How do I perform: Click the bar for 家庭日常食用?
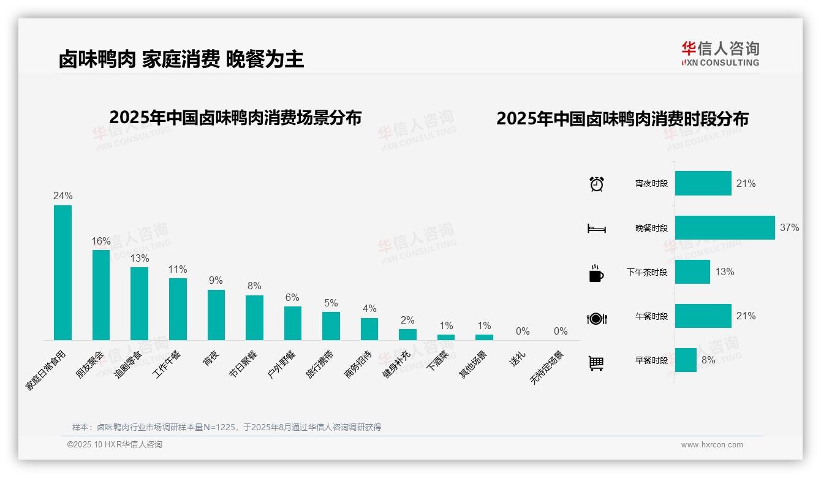point(62,273)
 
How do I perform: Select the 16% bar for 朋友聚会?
point(101,295)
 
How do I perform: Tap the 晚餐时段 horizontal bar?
point(725,228)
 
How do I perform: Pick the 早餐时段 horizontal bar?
point(686,360)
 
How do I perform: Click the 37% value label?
point(789,228)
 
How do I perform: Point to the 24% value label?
point(62,196)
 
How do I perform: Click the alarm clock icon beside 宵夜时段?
point(597,184)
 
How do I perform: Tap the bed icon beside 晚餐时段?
point(597,229)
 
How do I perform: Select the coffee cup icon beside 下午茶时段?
point(596,273)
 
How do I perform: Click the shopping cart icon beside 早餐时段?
point(596,363)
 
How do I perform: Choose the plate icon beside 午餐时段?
point(597,318)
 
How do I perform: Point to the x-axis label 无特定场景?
point(547,367)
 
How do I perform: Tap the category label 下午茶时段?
point(647,272)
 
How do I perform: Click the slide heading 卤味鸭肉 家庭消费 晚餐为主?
point(181,59)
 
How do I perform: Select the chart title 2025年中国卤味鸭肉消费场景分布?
point(235,118)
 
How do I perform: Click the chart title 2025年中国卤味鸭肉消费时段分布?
point(622,119)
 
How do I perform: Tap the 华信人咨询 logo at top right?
point(720,53)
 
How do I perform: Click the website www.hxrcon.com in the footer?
point(712,445)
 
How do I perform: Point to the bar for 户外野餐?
point(293,323)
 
